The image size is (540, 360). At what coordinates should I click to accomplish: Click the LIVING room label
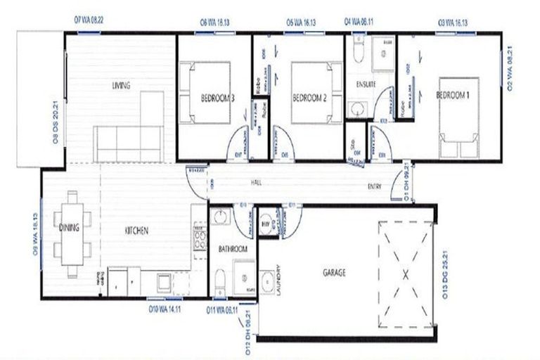click(121, 86)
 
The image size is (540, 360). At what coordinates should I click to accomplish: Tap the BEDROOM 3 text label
click(217, 98)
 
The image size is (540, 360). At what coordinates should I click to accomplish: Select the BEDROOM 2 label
click(311, 98)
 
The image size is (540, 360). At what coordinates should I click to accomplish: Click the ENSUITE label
click(366, 84)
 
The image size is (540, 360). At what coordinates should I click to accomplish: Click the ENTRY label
click(375, 186)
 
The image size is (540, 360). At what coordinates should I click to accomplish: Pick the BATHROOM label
click(232, 250)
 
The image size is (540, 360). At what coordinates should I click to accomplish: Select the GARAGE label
click(333, 273)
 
